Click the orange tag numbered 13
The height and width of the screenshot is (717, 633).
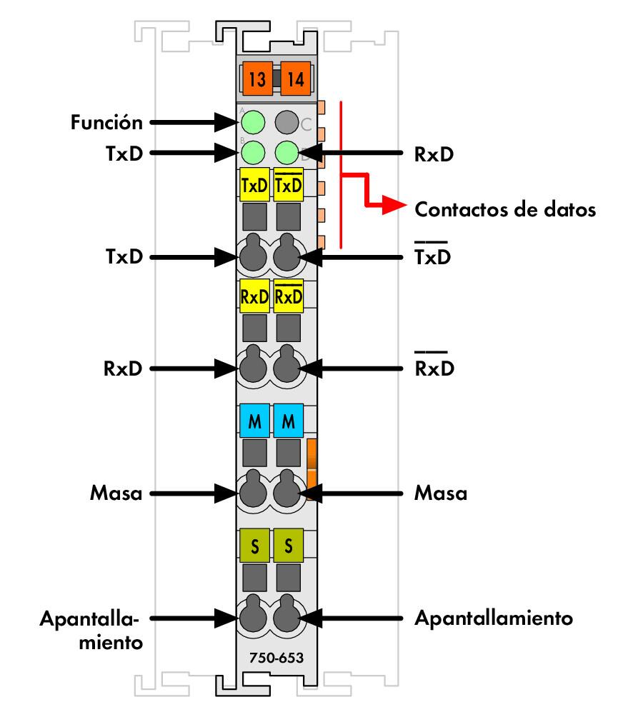(256, 79)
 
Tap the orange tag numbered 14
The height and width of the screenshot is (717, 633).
(294, 79)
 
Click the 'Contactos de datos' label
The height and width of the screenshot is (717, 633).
(506, 210)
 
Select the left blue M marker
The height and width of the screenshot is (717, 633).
(254, 422)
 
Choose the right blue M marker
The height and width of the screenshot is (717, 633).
(289, 422)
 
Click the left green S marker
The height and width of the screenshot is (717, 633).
(254, 546)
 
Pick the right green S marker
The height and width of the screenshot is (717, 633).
(289, 546)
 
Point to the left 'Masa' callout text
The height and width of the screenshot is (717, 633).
(116, 492)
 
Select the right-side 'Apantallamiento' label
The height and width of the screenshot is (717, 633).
(494, 618)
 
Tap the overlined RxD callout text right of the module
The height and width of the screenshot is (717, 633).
(434, 368)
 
